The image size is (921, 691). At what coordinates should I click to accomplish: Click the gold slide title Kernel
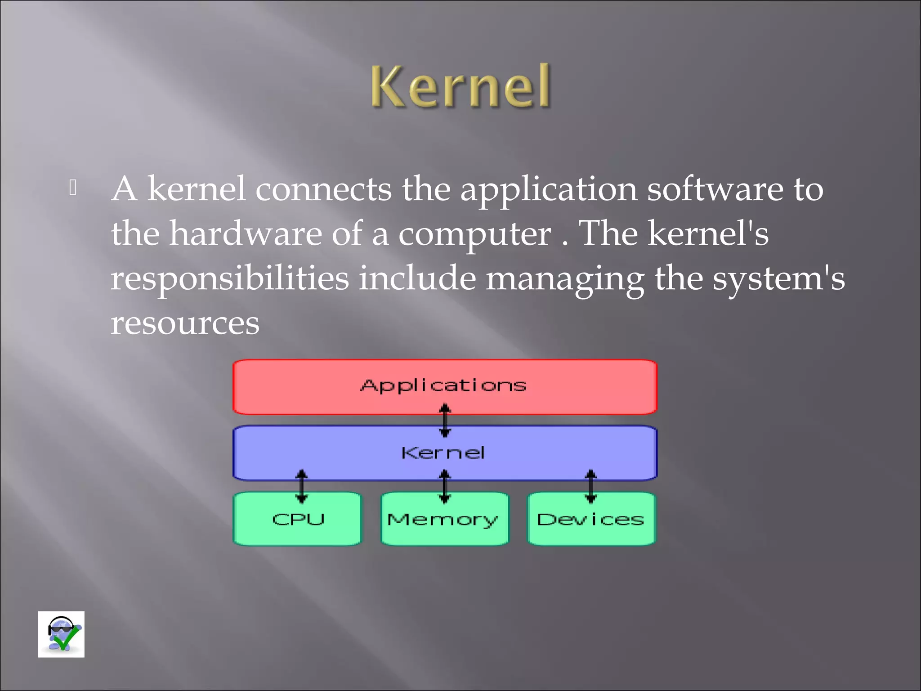(460, 86)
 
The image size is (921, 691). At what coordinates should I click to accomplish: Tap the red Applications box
(445, 386)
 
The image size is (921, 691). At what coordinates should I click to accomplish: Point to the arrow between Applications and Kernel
(445, 420)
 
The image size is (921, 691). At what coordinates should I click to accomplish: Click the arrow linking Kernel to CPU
(302, 486)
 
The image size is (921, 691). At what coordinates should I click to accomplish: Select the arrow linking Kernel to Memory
(445, 486)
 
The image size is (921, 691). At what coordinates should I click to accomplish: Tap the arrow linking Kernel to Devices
(591, 486)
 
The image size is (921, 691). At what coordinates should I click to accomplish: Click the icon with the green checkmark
(61, 634)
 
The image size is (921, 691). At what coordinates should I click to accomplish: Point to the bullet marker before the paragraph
(73, 188)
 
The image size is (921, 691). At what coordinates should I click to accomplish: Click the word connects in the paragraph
(323, 189)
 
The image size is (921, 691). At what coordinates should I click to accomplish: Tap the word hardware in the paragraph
(245, 233)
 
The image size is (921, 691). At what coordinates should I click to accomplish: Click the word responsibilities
(230, 278)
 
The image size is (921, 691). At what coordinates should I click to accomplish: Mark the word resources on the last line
(185, 323)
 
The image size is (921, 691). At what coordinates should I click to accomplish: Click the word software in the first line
(715, 189)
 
